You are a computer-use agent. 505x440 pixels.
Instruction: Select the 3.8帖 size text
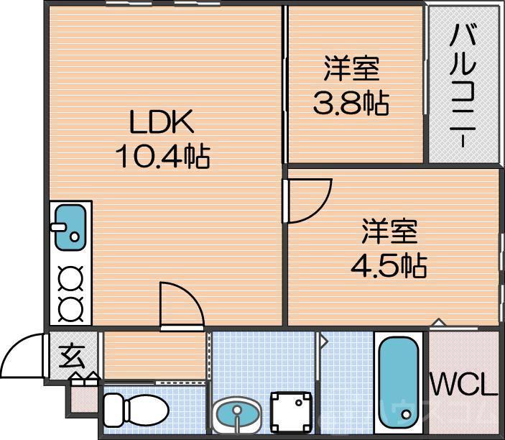[350, 104]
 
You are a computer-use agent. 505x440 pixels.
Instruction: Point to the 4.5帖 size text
[389, 266]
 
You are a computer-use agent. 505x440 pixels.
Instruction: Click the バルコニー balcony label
[464, 85]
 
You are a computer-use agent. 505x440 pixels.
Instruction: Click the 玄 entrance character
[70, 355]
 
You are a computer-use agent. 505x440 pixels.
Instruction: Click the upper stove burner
[70, 277]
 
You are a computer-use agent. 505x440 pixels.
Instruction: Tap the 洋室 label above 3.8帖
[351, 70]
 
